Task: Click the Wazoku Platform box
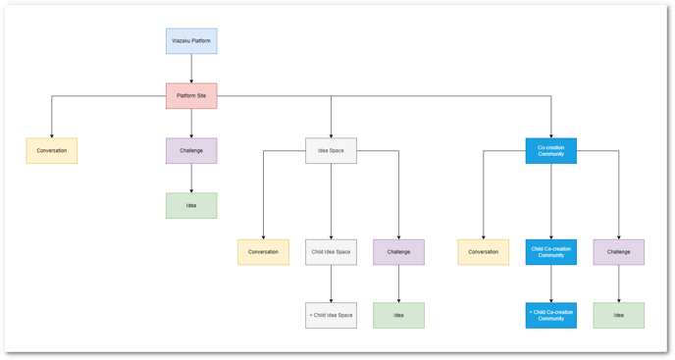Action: click(190, 41)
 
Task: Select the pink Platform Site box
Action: click(190, 95)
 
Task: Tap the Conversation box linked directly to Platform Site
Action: click(52, 150)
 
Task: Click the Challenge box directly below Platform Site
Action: click(190, 150)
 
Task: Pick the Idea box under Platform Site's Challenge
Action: click(190, 205)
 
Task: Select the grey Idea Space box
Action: click(331, 150)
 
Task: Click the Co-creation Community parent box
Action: click(550, 150)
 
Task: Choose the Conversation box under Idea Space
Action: click(263, 252)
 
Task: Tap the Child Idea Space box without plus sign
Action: click(331, 252)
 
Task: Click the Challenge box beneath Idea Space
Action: click(398, 252)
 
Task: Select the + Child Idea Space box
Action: click(331, 315)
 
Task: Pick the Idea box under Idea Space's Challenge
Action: click(398, 315)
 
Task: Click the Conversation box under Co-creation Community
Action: click(483, 252)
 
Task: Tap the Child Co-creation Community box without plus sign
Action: click(550, 252)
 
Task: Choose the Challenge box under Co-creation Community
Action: click(618, 252)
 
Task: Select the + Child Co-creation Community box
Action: click(550, 315)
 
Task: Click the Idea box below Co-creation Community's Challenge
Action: click(618, 315)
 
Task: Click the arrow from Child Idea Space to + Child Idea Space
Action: click(331, 283)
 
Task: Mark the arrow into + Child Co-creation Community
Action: click(550, 283)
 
